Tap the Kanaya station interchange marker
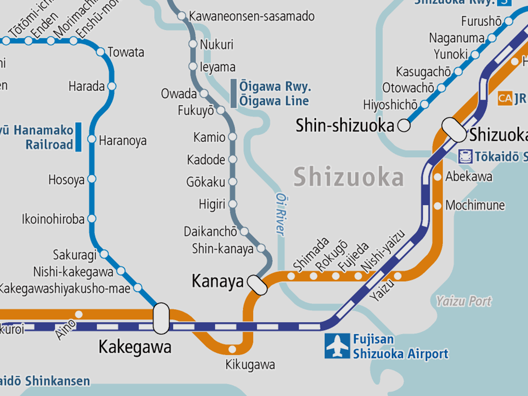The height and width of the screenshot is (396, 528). click(257, 285)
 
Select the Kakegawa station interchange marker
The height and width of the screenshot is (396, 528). click(161, 318)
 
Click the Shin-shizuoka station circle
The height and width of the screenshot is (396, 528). click(404, 125)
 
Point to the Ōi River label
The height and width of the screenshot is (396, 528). click(280, 214)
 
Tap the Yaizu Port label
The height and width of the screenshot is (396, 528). click(464, 301)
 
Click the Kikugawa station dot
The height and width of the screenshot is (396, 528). click(233, 350)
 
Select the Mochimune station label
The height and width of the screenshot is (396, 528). click(475, 205)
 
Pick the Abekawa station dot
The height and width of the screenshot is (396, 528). click(438, 177)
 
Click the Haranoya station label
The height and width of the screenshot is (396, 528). click(123, 141)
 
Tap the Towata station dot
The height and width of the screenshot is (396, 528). click(100, 52)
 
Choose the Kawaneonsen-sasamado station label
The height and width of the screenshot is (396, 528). click(252, 16)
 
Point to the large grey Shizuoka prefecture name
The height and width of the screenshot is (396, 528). click(349, 178)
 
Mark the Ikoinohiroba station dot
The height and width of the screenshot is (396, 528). click(92, 219)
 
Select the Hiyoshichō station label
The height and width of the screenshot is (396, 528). click(390, 105)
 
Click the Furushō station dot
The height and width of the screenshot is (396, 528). click(509, 21)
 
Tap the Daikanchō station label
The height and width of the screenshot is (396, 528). click(210, 232)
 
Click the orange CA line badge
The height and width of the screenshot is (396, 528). click(505, 98)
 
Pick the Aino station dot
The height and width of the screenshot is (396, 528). click(79, 314)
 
